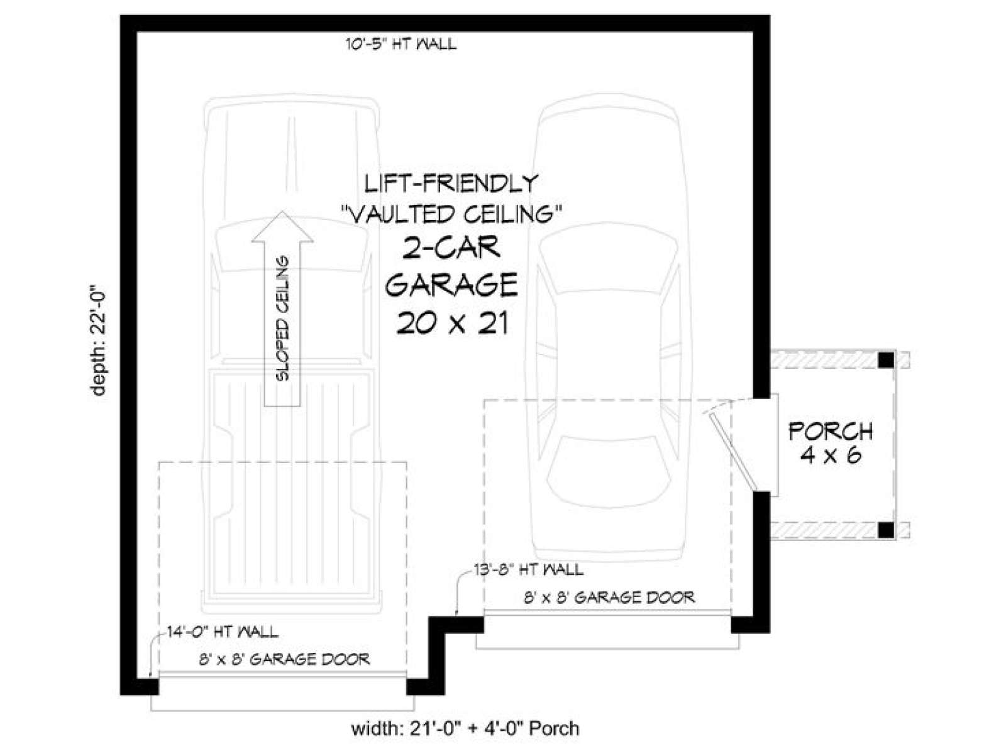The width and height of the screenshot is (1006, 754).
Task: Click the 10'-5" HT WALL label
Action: [x=401, y=45]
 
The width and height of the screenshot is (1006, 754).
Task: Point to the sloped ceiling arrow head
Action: [x=282, y=226]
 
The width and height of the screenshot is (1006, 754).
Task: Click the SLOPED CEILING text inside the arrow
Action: [x=283, y=318]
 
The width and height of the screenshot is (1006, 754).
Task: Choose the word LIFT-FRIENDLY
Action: [x=451, y=183]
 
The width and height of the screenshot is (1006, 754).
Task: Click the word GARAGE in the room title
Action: [x=451, y=285]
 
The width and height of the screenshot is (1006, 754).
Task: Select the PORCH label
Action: [x=831, y=431]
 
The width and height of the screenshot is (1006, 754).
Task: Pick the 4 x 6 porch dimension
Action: [x=831, y=456]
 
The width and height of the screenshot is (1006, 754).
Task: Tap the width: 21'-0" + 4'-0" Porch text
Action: [x=465, y=728]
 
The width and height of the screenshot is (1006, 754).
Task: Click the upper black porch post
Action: [x=886, y=360]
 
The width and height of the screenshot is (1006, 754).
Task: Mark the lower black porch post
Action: [x=886, y=530]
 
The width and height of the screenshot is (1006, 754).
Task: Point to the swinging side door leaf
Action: [x=731, y=451]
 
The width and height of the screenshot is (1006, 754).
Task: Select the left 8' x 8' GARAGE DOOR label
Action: [x=285, y=659]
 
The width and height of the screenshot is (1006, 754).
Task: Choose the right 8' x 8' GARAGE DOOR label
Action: [x=609, y=597]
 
